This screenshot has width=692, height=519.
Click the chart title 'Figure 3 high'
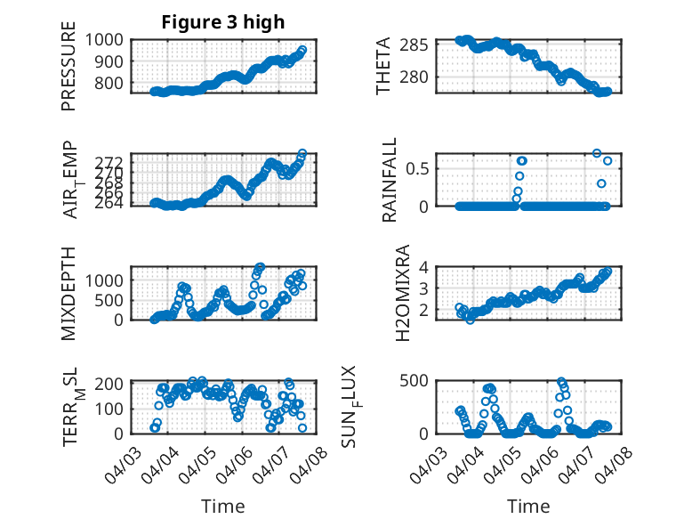click(x=222, y=22)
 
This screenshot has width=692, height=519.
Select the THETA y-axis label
click(x=383, y=66)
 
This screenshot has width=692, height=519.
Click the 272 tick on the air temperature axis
click(x=115, y=160)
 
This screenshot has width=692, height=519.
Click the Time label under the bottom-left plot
click(x=222, y=506)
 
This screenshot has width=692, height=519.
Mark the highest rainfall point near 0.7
click(x=597, y=153)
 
